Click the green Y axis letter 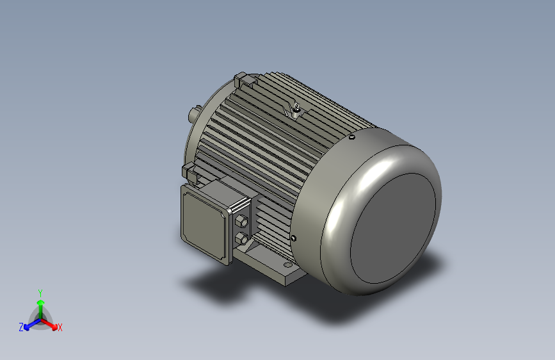click(40, 291)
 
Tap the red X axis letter click(60, 327)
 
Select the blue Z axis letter click(21, 327)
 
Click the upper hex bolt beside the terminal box click(242, 222)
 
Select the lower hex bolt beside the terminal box click(241, 240)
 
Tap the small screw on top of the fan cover click(352, 136)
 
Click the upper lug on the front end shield click(241, 81)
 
